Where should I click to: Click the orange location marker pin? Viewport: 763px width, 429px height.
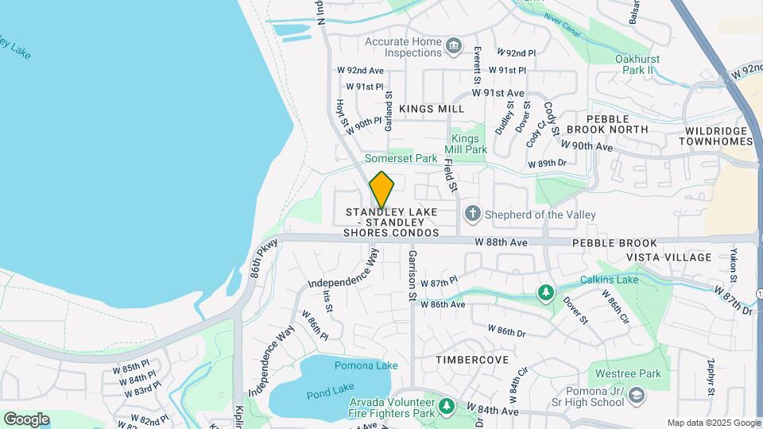(381, 189)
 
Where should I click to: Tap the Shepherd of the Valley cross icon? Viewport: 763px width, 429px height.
(472, 214)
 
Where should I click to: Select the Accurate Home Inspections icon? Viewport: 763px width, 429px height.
(454, 46)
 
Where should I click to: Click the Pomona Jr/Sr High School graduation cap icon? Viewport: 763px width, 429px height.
(636, 395)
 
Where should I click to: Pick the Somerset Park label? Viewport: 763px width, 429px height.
(401, 158)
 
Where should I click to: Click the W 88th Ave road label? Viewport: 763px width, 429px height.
(502, 242)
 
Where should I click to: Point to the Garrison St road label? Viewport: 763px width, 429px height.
(412, 276)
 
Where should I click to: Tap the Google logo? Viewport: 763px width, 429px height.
(26, 419)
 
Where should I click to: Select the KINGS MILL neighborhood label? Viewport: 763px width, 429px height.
(432, 108)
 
